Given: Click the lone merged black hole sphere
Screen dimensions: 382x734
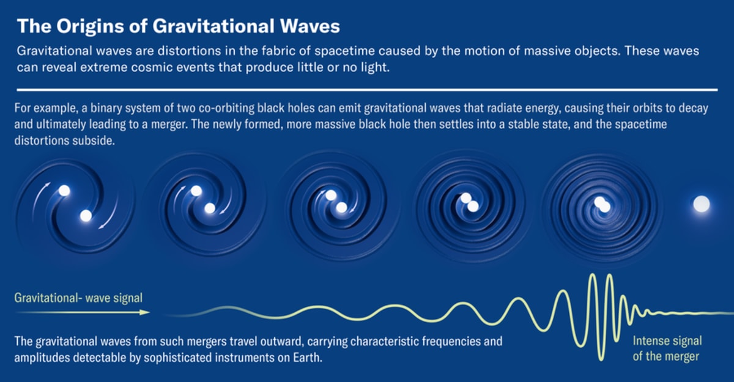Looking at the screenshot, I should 701,204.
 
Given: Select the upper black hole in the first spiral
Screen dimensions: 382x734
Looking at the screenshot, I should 64,191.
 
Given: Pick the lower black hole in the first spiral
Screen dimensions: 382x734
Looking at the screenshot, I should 86,215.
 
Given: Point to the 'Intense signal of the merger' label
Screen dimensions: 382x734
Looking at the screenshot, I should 667,348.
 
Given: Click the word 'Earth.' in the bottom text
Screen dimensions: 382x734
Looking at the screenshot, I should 308,356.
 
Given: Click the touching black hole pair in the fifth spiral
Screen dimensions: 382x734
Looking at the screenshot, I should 601,204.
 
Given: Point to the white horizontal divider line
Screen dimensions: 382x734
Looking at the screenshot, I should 367,89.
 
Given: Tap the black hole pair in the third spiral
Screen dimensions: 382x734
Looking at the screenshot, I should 335,202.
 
